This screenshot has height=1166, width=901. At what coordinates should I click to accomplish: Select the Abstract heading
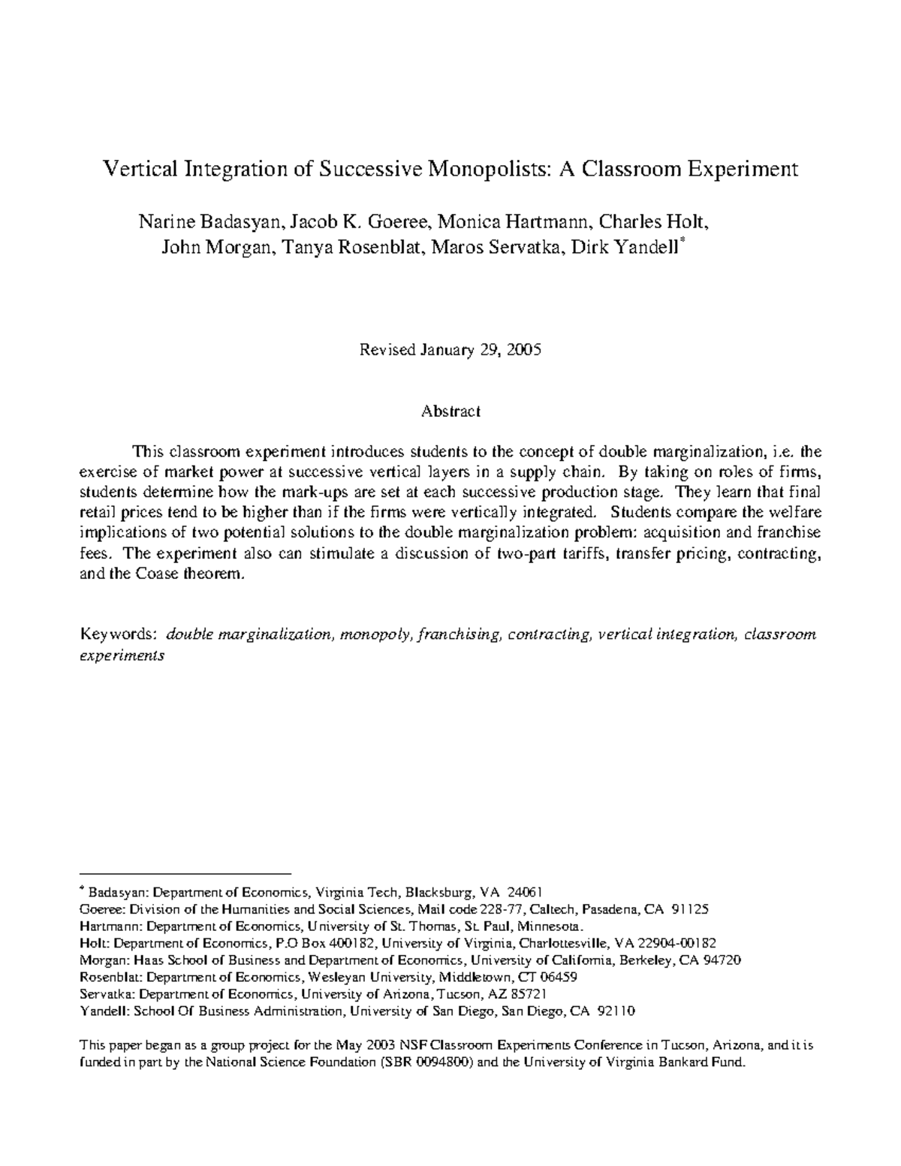pyautogui.click(x=450, y=411)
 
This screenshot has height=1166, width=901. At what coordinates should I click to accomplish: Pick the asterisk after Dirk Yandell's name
pyautogui.click(x=682, y=243)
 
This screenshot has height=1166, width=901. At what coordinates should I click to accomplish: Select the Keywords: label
pyautogui.click(x=118, y=634)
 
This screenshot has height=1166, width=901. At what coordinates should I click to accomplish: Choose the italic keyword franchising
pyautogui.click(x=460, y=634)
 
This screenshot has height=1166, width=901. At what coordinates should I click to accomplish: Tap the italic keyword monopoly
pyautogui.click(x=375, y=634)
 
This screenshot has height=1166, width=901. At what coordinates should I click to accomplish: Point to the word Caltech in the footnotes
pyautogui.click(x=554, y=909)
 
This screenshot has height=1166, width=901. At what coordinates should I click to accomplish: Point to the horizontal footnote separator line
pyautogui.click(x=185, y=874)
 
